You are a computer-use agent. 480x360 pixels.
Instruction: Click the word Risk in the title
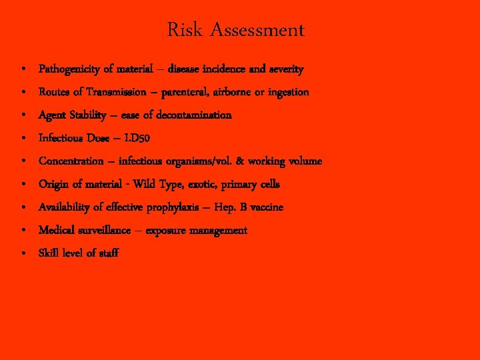tap(181, 30)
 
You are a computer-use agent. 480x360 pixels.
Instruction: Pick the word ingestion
tap(288, 92)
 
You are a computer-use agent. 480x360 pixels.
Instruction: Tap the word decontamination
tap(193, 115)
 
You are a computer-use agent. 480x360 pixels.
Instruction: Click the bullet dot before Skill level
tap(23, 253)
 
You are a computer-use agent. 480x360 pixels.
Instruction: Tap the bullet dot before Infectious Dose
tap(23, 139)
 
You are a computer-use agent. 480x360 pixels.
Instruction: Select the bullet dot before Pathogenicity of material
tap(23, 69)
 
